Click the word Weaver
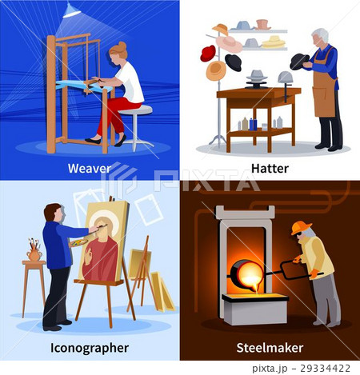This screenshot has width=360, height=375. (90, 169)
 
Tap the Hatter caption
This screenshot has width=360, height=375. (270, 169)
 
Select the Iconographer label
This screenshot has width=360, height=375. (90, 348)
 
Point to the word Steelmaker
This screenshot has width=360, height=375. (270, 348)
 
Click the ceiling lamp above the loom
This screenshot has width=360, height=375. (71, 10)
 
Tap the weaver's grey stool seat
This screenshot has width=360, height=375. (136, 110)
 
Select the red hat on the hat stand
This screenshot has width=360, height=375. (208, 54)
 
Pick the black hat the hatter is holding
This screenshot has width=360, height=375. (298, 62)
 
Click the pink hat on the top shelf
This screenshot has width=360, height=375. (262, 25)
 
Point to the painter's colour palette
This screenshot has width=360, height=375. (78, 243)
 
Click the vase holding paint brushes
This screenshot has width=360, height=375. (34, 254)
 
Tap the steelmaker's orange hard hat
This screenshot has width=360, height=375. (301, 228)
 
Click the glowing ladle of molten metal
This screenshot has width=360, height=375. (246, 273)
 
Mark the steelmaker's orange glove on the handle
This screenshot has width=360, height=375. (314, 273)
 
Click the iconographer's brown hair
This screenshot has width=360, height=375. (51, 211)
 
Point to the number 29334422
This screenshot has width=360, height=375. (325, 369)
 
